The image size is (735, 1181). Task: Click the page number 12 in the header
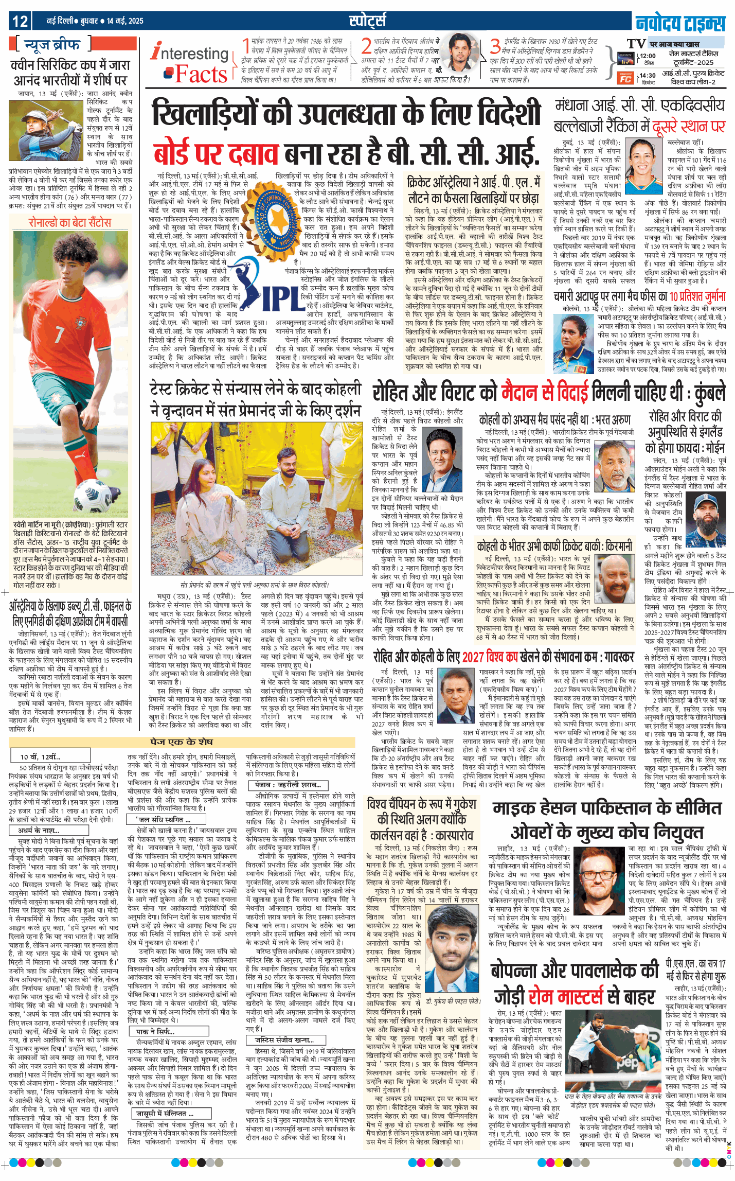[x=20, y=21]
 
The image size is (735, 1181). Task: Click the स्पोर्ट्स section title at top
[x=367, y=21]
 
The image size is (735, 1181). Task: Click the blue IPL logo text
[x=281, y=298]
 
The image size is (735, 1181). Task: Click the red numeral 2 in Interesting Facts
[x=366, y=46]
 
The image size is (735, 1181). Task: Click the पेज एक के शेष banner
[x=182, y=742]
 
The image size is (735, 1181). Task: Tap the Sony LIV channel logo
[x=625, y=58]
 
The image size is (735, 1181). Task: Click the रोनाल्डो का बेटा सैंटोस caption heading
[x=70, y=222]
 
